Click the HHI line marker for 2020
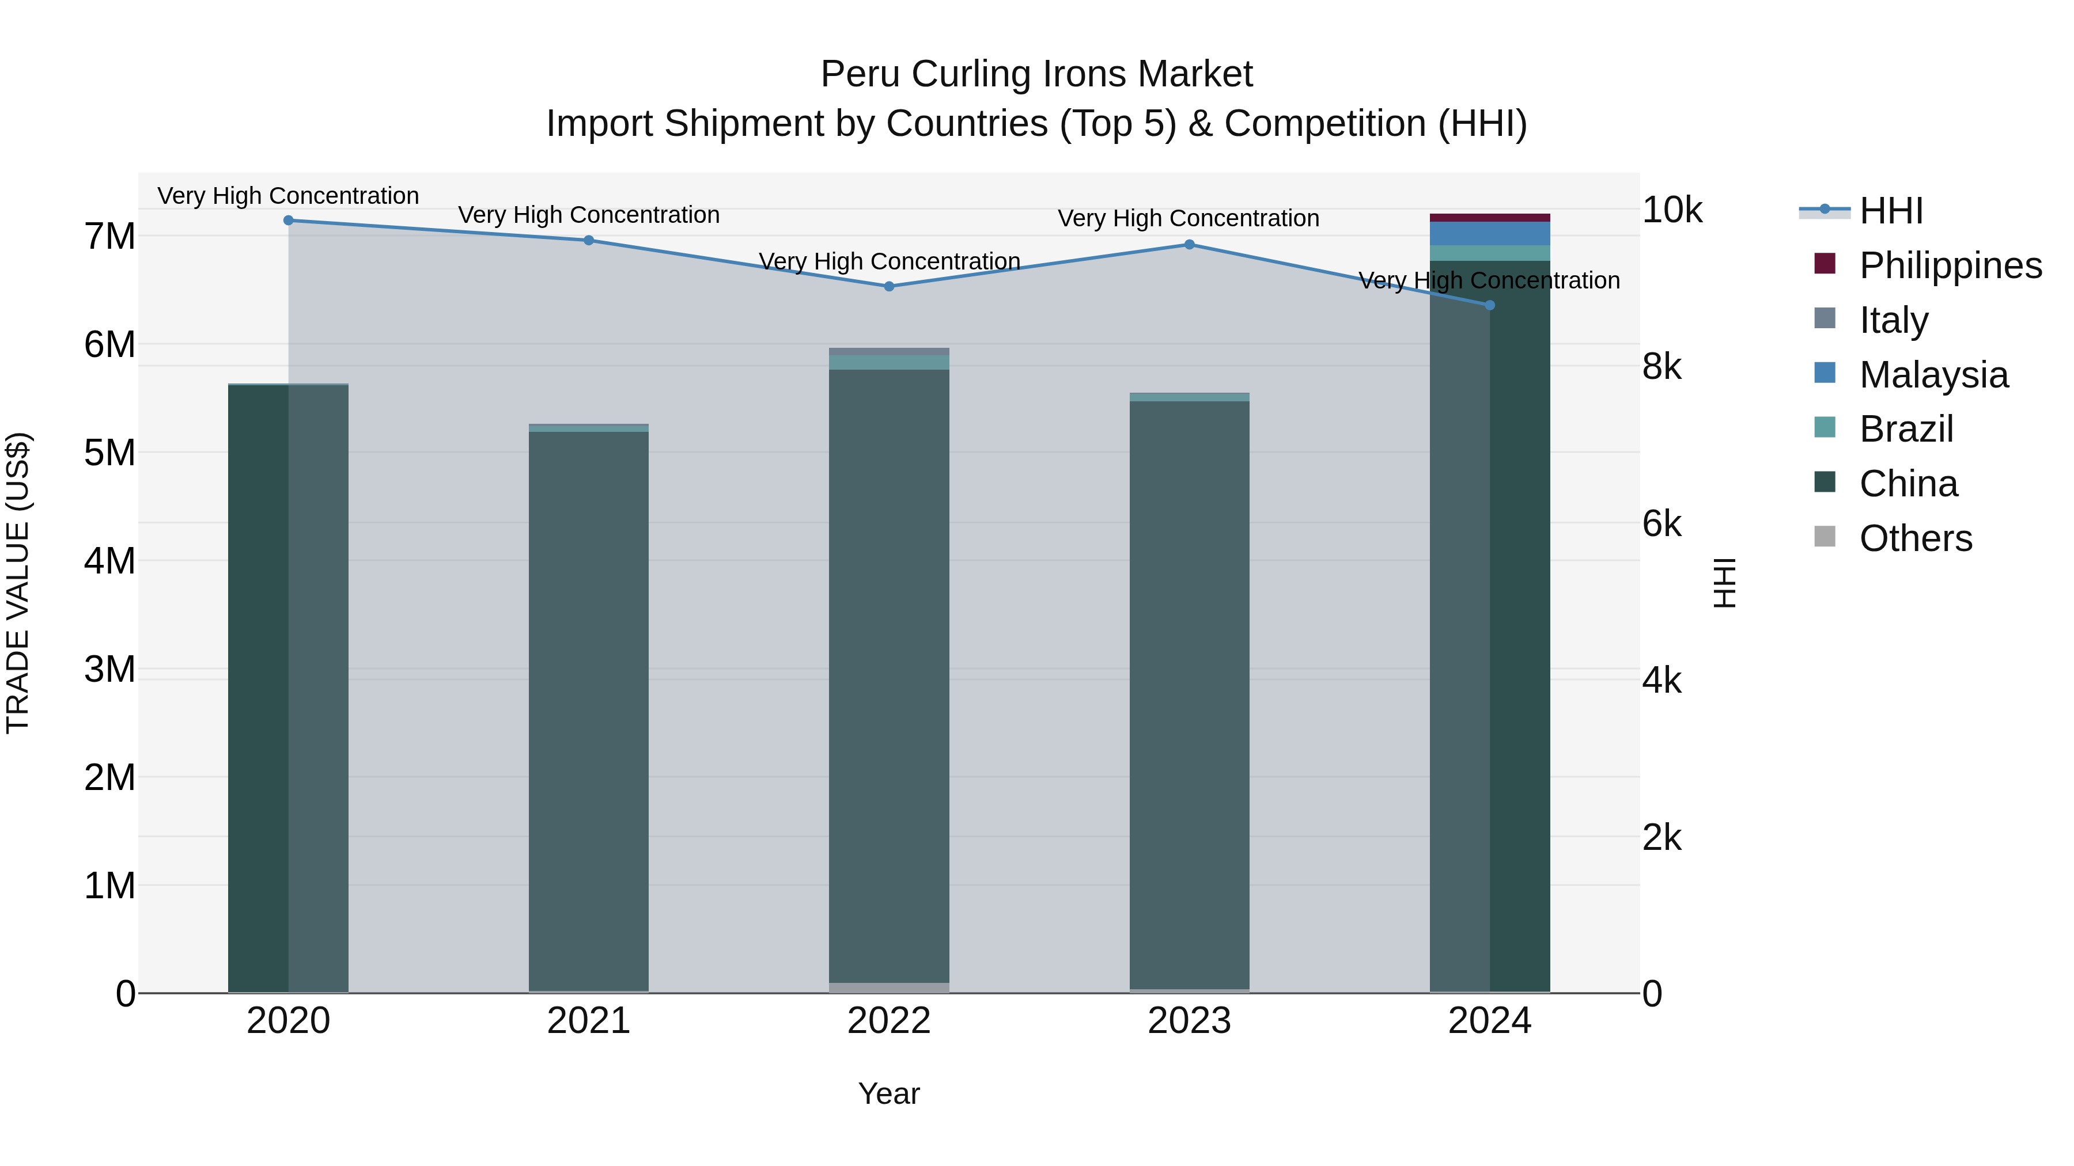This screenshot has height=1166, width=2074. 288,221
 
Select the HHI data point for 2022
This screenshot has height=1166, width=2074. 889,287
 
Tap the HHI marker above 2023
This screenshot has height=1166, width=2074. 1189,245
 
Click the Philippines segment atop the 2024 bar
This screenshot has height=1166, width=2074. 1489,217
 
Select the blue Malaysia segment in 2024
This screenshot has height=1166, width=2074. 1489,233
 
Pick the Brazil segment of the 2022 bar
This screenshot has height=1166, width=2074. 889,363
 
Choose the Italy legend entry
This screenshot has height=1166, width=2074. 1893,320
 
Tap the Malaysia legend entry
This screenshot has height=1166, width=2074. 1933,375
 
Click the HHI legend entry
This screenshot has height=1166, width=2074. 1890,211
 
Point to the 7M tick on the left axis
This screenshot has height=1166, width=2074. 109,237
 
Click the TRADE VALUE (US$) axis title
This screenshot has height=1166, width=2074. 18,583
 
